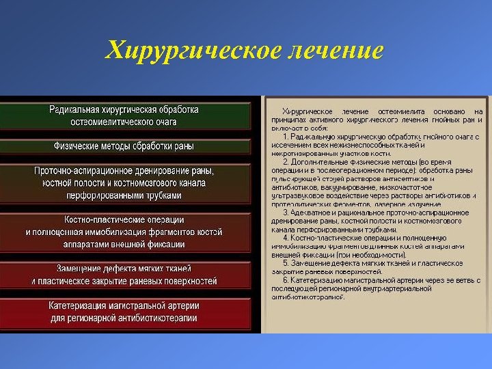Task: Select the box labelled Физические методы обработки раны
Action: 124,146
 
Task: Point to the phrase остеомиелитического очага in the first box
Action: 124,122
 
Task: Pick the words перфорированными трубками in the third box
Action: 124,195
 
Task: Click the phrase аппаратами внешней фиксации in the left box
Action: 124,244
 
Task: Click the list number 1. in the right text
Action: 286,136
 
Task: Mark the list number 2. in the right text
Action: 286,161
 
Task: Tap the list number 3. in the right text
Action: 286,213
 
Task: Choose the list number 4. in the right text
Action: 286,237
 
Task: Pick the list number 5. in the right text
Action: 286,262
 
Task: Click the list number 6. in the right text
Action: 286,279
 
